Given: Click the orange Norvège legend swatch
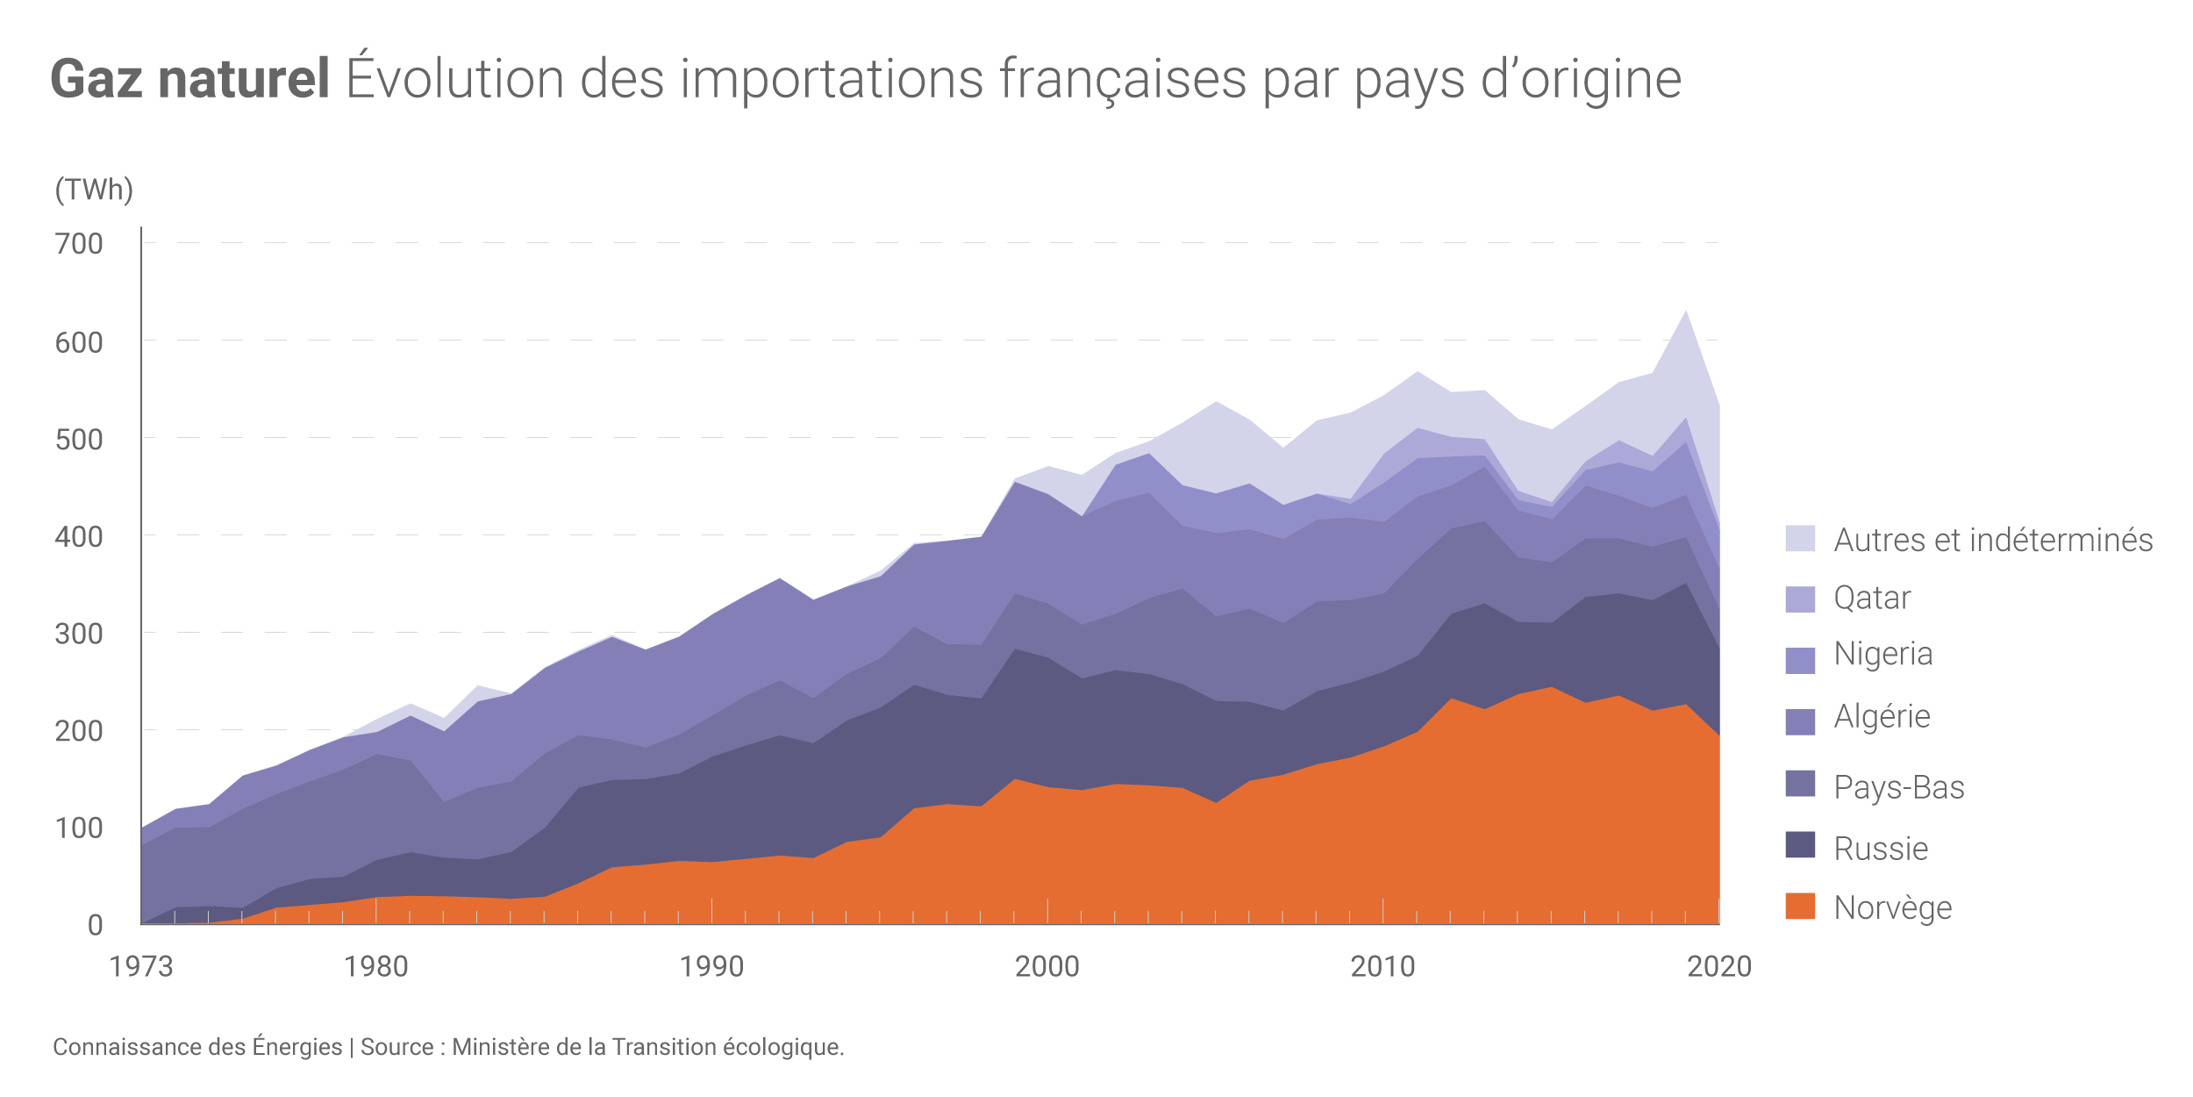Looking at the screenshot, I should [x=1800, y=907].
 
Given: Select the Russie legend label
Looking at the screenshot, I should [x=1881, y=849].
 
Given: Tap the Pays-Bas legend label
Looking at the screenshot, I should [x=1899, y=787].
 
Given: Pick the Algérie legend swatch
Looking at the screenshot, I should [x=1800, y=721].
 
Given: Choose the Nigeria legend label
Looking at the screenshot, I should [x=1883, y=654].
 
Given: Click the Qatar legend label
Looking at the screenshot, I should [x=1872, y=598].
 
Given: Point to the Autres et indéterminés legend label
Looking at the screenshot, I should [x=1993, y=540].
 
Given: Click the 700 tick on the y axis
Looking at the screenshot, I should [x=79, y=244].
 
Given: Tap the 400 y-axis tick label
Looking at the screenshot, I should [x=79, y=536].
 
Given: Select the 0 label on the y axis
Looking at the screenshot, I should [x=95, y=925].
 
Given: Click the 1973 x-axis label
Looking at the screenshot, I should [x=141, y=967].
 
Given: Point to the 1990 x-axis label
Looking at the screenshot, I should [x=711, y=967].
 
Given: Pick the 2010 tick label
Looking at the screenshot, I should [x=1382, y=967].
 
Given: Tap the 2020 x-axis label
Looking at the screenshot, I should [x=1719, y=967].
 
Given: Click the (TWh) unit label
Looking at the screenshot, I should [x=94, y=190].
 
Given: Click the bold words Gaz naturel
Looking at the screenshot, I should [x=190, y=79].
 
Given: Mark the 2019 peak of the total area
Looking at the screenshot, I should [x=1685, y=312].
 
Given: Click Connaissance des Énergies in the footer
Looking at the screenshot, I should [x=197, y=1047].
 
